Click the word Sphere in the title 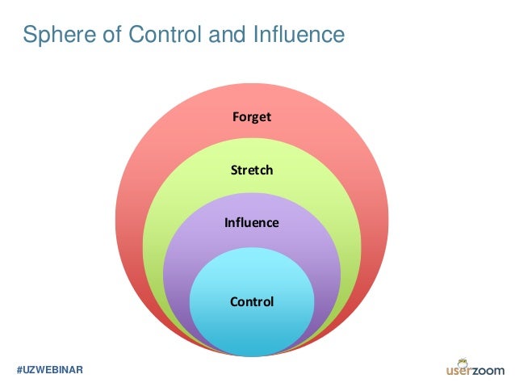[54, 35]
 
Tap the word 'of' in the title [103, 35]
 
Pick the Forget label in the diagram [252, 117]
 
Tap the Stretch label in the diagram [252, 170]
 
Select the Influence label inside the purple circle [252, 222]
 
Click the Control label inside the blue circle [252, 303]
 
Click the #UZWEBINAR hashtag [50, 369]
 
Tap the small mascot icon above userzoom [463, 359]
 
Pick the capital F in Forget [236, 117]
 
